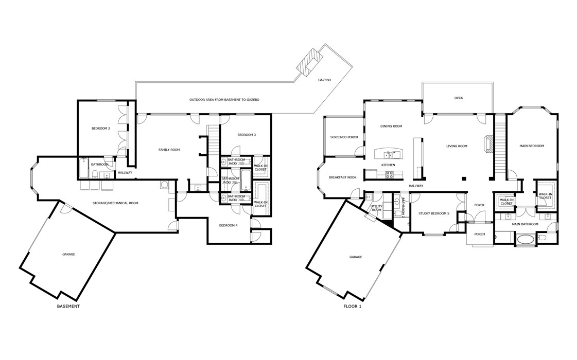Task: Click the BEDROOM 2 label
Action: pos(101,128)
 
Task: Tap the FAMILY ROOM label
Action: pos(169,150)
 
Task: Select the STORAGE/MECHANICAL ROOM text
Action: pos(115,203)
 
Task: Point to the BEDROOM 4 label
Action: pos(228,225)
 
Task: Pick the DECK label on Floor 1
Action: pos(458,98)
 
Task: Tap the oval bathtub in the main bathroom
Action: pos(525,239)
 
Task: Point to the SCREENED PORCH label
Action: pos(344,137)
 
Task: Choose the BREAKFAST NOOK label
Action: pos(342,177)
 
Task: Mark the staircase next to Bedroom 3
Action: pos(213,140)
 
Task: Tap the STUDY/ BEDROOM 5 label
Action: pos(433,213)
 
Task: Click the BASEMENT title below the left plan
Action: pos(68,307)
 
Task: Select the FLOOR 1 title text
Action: pos(353,307)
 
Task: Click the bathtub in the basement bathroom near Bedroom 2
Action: pos(84,168)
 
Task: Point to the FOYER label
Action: pos(479,205)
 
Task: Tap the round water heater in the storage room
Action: pos(164,184)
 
